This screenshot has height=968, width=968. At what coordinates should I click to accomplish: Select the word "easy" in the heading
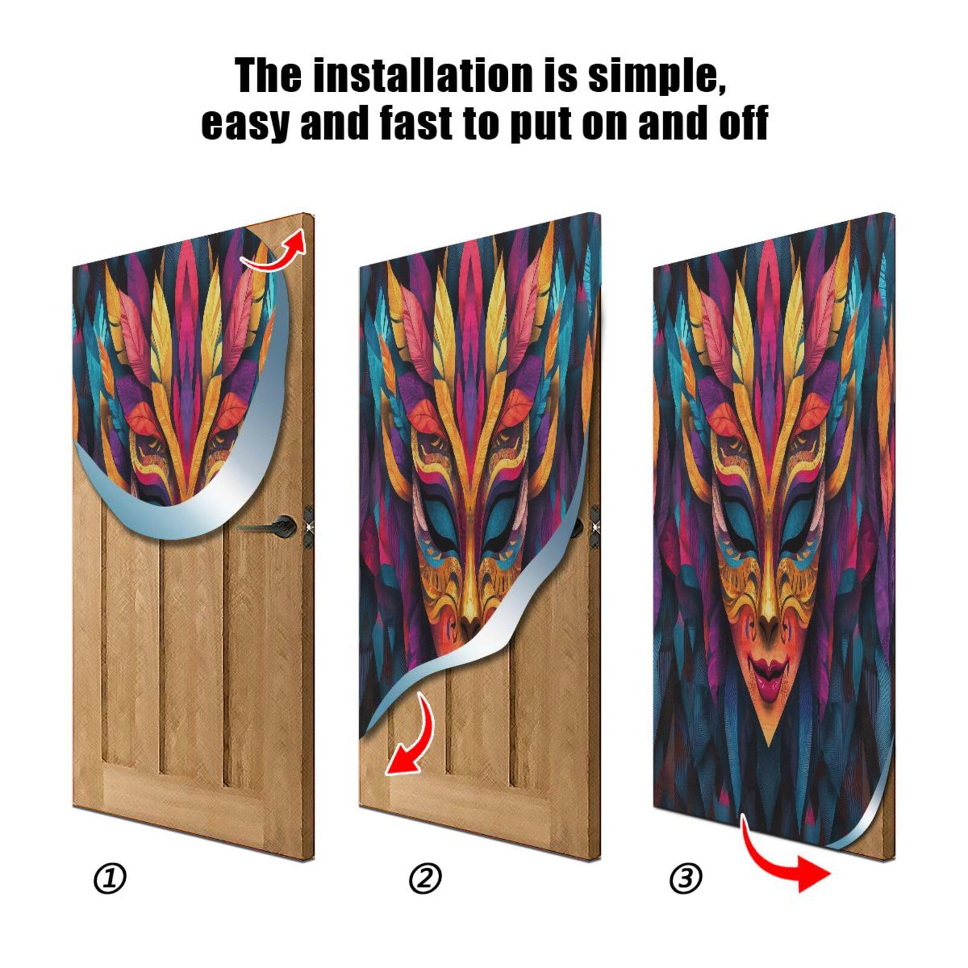[244, 123]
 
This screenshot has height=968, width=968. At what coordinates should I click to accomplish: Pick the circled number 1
[110, 878]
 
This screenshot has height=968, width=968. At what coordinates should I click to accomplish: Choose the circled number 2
[425, 878]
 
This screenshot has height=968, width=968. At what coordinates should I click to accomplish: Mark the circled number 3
[685, 878]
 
